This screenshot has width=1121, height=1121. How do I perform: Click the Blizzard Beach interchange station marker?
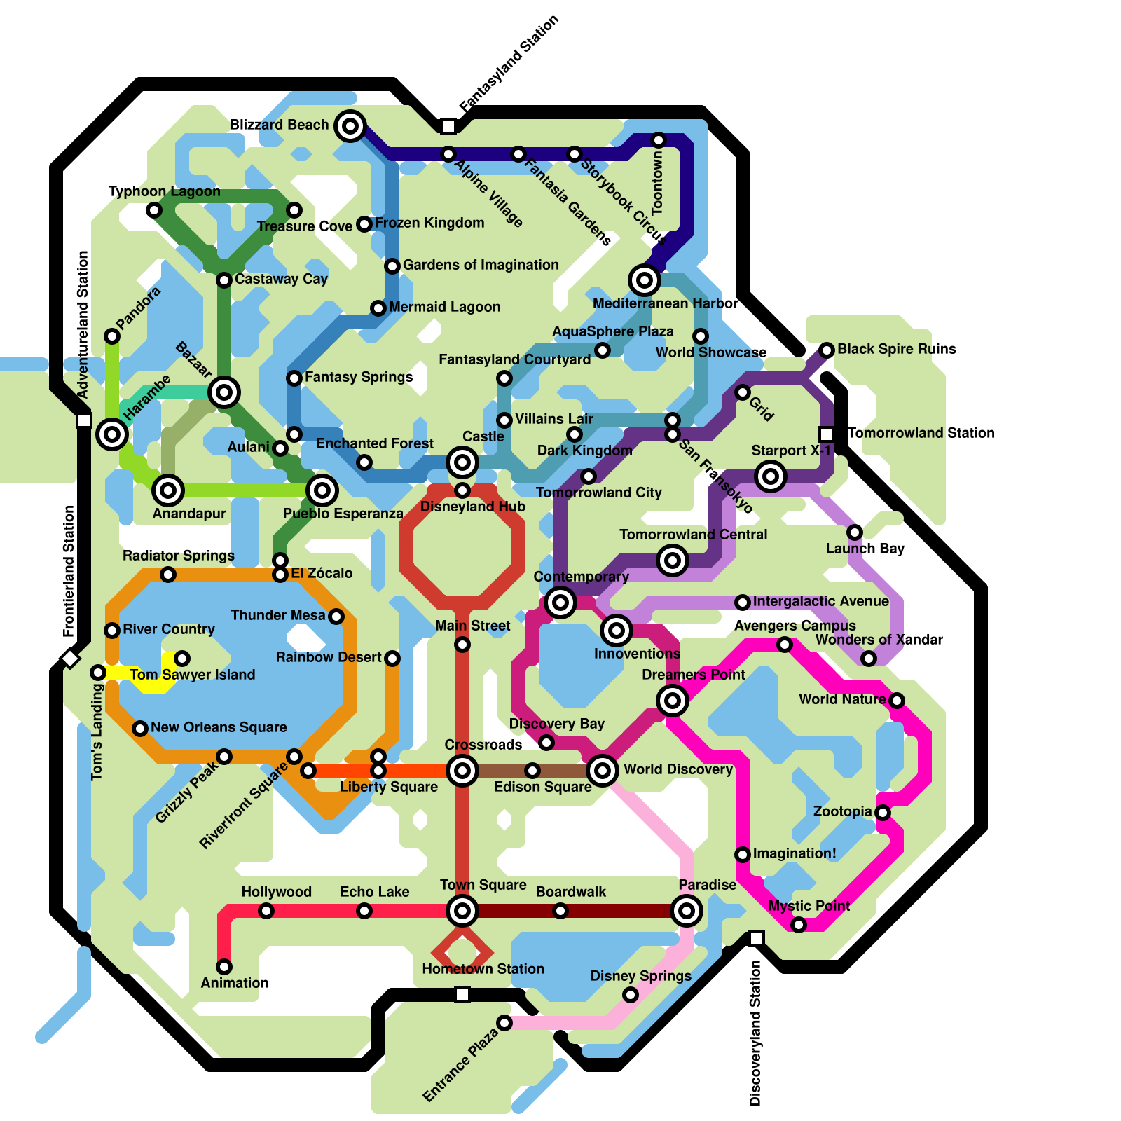click(350, 126)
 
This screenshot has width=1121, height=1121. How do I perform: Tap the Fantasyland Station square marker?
click(448, 126)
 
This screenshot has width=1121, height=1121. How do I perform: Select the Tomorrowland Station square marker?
click(827, 434)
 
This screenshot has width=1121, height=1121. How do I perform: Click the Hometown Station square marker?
click(462, 995)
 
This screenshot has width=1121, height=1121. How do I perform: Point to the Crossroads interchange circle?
click(462, 771)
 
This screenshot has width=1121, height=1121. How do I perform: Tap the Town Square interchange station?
click(462, 911)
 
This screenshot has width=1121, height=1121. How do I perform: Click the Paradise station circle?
click(687, 911)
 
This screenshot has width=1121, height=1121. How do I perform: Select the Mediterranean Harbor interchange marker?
click(645, 280)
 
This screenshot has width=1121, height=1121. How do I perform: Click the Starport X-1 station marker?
click(771, 476)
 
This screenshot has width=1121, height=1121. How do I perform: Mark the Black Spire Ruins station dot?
click(827, 350)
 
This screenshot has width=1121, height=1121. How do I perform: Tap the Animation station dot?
click(224, 967)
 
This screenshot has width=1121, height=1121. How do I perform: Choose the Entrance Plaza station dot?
click(504, 1023)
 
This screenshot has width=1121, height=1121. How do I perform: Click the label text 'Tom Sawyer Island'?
click(192, 675)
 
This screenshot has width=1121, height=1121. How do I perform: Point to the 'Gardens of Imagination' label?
click(481, 265)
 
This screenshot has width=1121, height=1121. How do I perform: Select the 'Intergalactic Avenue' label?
click(820, 601)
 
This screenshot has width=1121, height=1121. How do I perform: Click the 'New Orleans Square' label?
click(219, 727)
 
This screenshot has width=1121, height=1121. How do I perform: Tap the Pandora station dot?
click(112, 336)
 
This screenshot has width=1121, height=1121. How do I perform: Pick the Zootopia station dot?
click(883, 813)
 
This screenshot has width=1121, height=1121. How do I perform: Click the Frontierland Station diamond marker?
click(70, 659)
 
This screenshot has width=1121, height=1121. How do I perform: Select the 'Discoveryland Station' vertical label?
click(755, 1033)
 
